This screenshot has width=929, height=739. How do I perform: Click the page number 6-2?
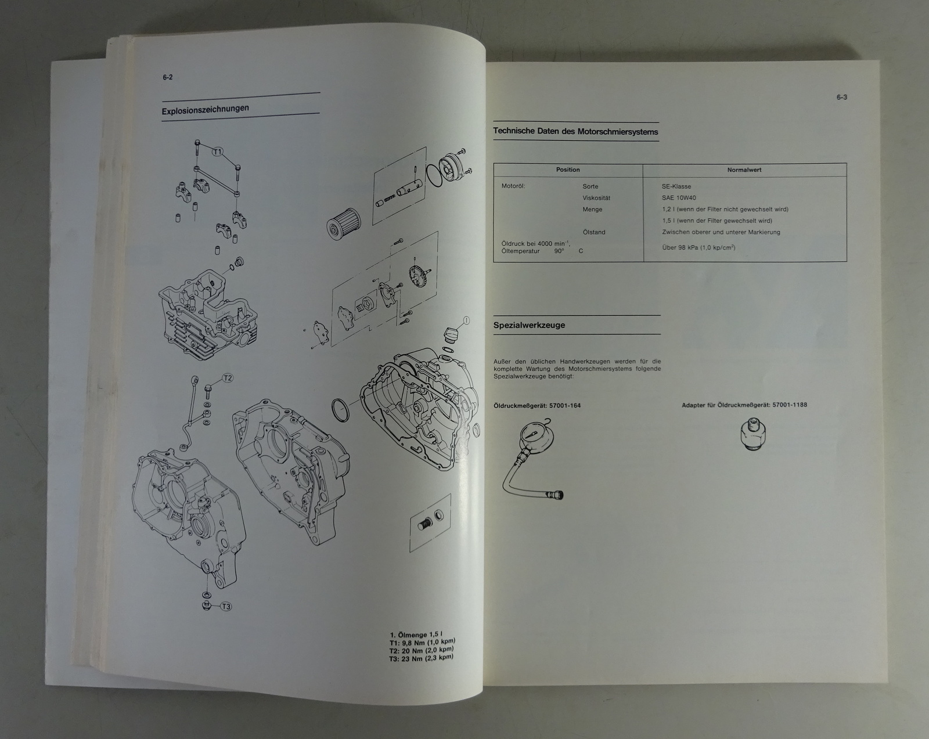[167, 77]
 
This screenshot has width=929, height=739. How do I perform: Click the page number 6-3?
[841, 97]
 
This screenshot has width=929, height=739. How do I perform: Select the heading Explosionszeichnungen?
[205, 109]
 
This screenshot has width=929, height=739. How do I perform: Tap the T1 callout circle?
[217, 152]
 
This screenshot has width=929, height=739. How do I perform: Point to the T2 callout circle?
[228, 378]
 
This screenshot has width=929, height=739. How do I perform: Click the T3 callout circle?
[226, 607]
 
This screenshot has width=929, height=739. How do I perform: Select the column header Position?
[568, 170]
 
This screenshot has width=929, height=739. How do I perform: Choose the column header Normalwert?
[744, 170]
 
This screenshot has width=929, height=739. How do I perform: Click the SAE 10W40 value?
[679, 198]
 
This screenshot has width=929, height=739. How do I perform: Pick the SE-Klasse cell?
[676, 186]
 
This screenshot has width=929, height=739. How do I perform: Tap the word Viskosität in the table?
[596, 198]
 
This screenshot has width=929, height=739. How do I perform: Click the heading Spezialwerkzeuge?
[529, 325]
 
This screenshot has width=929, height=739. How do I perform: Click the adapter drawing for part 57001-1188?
[753, 434]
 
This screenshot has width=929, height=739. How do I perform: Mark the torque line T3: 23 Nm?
[422, 658]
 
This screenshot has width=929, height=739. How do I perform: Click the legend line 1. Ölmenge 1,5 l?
[415, 635]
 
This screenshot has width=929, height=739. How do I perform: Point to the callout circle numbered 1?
[466, 320]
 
